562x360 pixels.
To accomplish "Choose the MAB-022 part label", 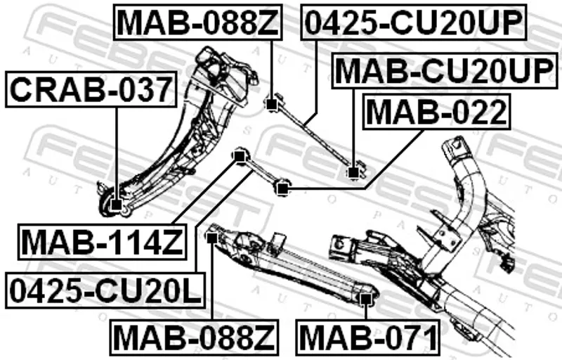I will point(436,111).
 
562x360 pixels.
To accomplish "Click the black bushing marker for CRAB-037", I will point(115,205).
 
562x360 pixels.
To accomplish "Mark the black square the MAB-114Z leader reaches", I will point(240,154).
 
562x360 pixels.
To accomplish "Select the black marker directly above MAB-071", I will point(364,300).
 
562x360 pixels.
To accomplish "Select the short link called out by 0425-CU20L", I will point(260,171).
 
